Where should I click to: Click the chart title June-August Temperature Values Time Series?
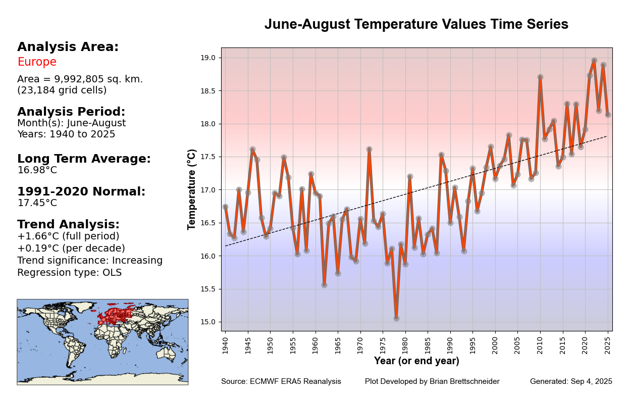pos(416,24)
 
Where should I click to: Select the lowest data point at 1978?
pos(396,318)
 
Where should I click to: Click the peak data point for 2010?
pos(540,77)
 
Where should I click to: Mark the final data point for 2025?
pos(608,115)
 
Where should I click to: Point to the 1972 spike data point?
pos(369,150)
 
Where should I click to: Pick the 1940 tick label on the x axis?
pos(225,346)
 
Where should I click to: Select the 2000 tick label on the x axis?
pos(495,346)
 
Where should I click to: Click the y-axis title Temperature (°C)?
pos(192,189)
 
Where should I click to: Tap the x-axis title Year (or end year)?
pos(416,361)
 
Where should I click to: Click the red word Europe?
pos(37,62)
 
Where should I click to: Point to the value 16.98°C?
pos(37,170)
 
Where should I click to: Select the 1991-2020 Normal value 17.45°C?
pos(37,203)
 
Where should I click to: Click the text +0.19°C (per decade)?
pos(71,249)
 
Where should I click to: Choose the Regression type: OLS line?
pos(69,273)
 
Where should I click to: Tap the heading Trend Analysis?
pos(68,225)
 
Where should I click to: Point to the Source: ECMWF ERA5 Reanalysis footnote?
pos(281,382)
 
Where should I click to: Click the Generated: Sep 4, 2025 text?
pos(571,382)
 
